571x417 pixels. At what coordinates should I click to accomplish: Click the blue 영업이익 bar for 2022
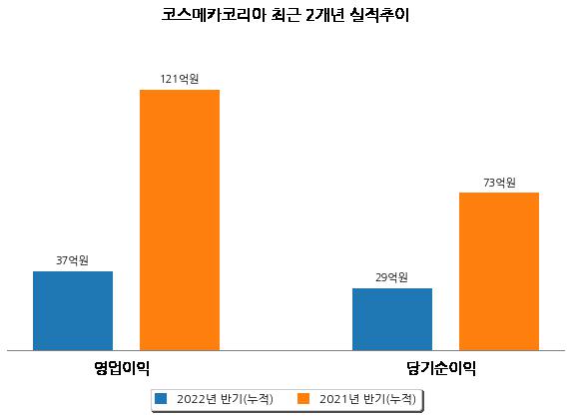(73, 310)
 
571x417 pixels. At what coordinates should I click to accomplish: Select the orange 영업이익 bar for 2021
(180, 220)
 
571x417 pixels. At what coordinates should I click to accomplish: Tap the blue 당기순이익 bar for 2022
(392, 319)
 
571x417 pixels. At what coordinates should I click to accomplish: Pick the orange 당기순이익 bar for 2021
(499, 271)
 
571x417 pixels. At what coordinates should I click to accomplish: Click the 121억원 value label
(180, 79)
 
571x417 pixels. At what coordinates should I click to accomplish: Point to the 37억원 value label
(72, 260)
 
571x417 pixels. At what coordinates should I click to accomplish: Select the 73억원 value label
(499, 182)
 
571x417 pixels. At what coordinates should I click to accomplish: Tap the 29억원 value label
(391, 277)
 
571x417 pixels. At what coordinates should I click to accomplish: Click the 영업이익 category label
(122, 368)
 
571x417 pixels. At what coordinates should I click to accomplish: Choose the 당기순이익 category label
(441, 368)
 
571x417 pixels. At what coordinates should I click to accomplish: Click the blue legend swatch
(161, 398)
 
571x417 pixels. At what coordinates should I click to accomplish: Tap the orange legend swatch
(303, 398)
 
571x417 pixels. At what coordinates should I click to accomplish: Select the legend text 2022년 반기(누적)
(225, 399)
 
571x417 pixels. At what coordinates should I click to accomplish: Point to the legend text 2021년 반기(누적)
(367, 399)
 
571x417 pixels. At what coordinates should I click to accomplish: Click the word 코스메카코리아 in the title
(214, 15)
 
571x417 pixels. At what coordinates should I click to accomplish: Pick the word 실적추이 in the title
(379, 15)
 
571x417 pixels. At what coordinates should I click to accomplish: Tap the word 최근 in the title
(285, 15)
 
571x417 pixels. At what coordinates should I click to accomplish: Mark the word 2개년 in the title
(324, 15)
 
